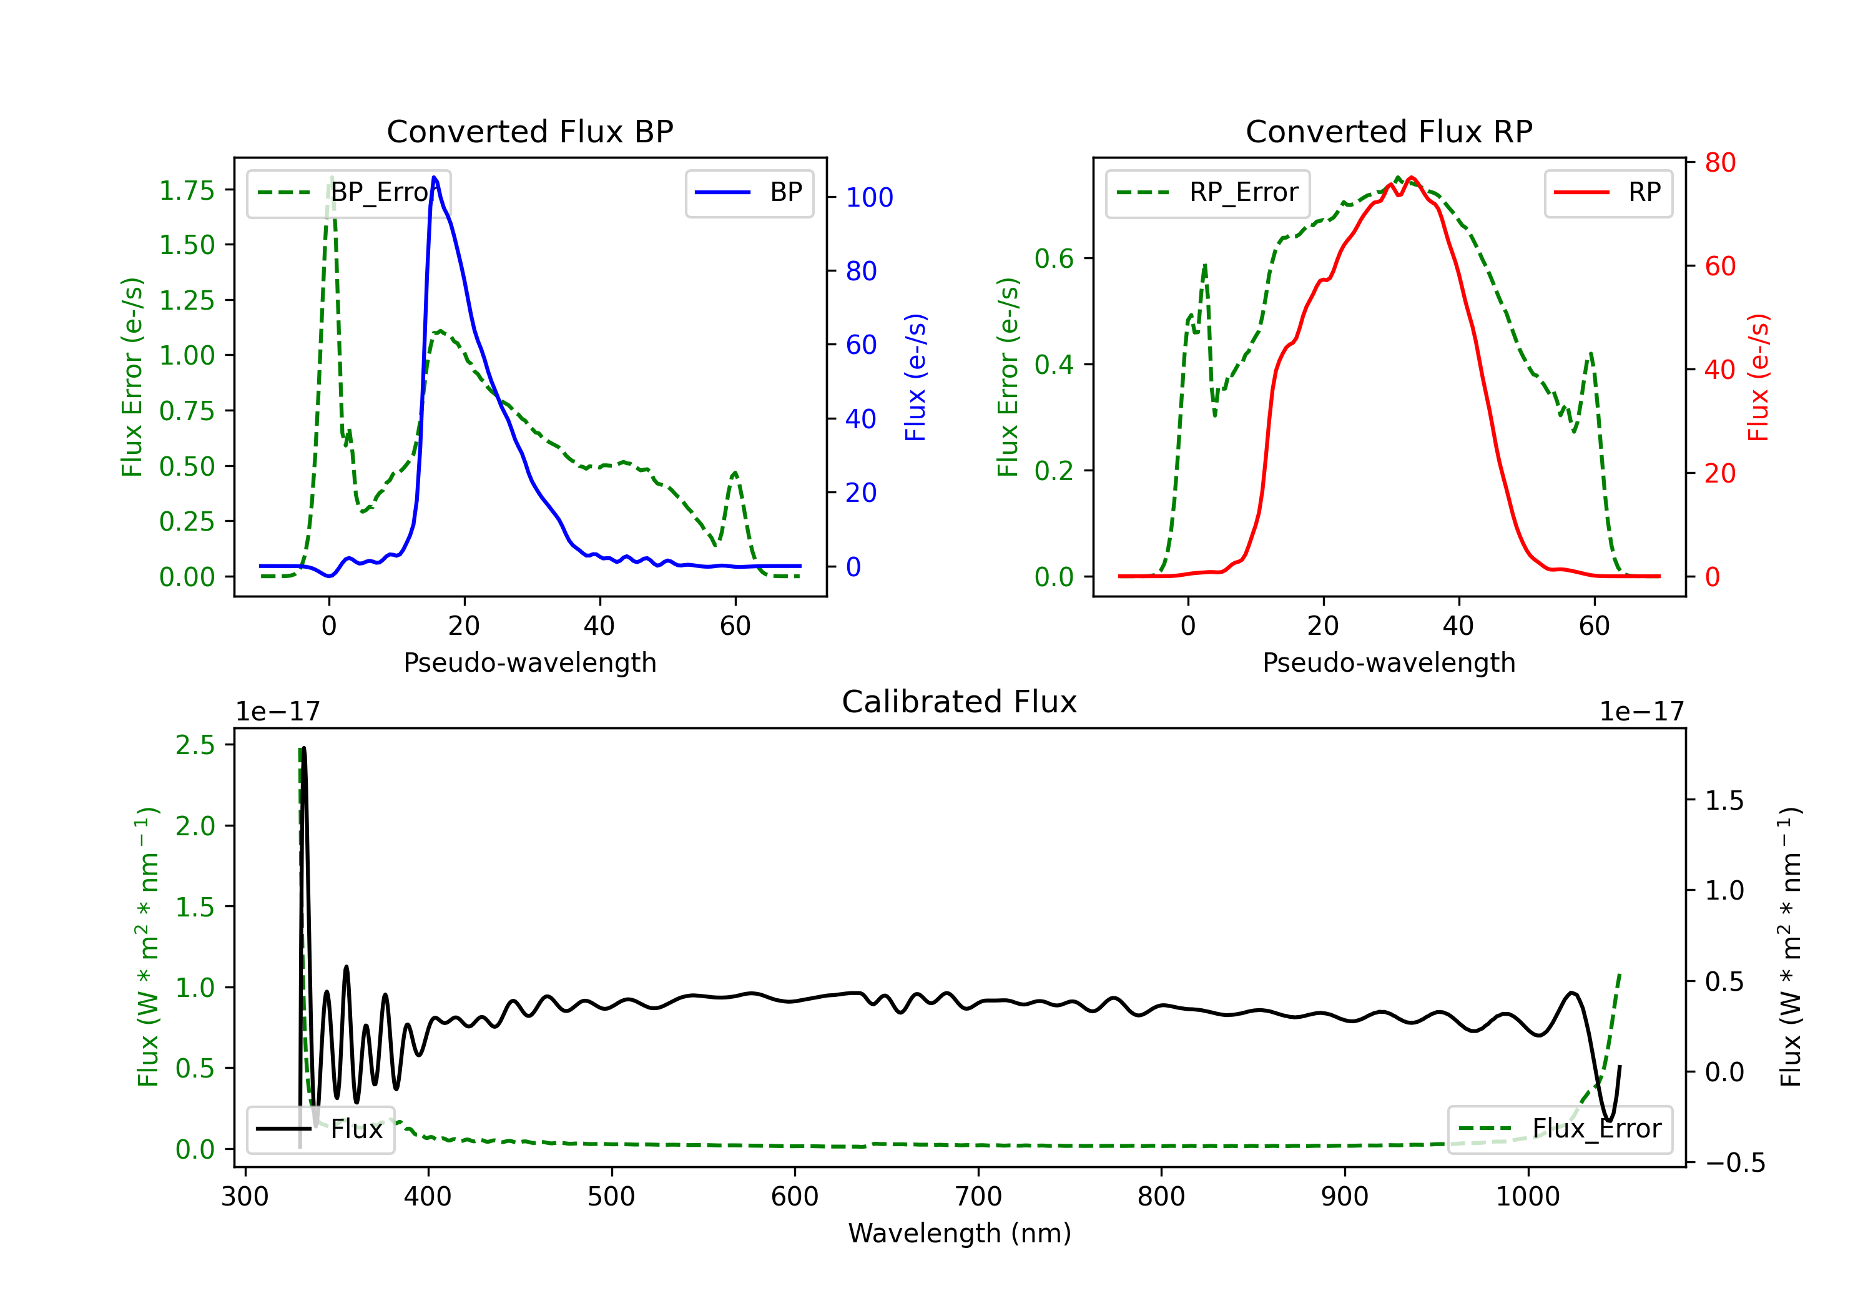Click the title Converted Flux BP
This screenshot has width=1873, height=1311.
[x=529, y=131]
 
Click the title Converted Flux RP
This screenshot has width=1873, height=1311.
[x=1389, y=131]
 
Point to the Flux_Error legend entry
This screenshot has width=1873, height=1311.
[x=1559, y=1129]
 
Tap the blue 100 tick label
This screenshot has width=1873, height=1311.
[x=870, y=197]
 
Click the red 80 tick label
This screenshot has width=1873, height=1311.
[x=1719, y=162]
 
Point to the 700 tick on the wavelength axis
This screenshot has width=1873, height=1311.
[x=978, y=1197]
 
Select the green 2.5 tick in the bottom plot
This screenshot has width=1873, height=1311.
[x=195, y=745]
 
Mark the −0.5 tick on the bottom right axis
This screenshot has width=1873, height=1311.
[x=1734, y=1162]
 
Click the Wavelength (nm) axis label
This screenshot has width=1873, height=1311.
[x=960, y=1233]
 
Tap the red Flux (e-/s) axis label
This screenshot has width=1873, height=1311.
[x=1758, y=377]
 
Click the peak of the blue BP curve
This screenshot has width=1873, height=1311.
[x=434, y=177]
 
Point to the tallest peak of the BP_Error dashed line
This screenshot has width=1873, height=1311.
[x=331, y=177]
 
